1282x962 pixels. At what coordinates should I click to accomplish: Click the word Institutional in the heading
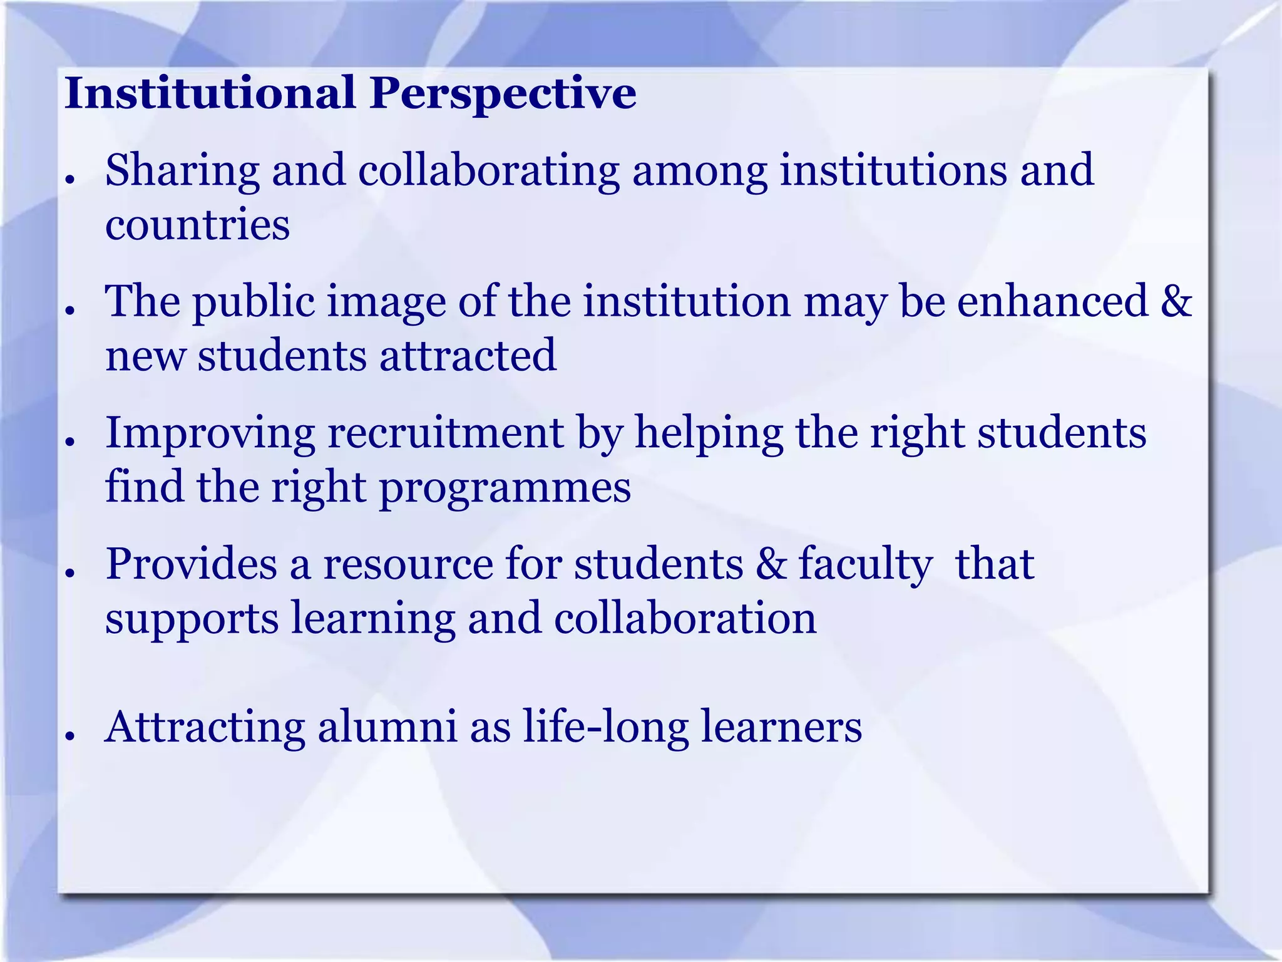[210, 93]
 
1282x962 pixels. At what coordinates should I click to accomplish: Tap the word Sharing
[182, 172]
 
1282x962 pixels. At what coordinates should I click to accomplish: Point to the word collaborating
[489, 172]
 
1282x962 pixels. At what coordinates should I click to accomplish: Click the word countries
[197, 225]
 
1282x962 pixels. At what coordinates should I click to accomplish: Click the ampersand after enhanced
[1176, 301]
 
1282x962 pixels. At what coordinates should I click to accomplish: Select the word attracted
[468, 355]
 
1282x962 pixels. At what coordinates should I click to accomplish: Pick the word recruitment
[446, 433]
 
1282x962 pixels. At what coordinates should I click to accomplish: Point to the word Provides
[191, 564]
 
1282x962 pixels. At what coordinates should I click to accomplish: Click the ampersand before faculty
[771, 564]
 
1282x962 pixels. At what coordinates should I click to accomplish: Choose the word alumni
[387, 727]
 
